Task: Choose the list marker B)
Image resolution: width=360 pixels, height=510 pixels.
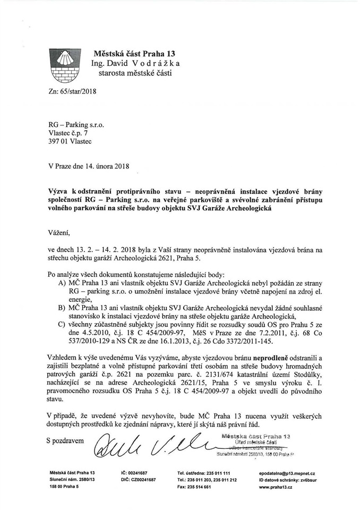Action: coord(62,308)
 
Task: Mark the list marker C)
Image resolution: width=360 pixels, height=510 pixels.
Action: coord(62,324)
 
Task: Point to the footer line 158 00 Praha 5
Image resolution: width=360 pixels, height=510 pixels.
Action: coord(64,487)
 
